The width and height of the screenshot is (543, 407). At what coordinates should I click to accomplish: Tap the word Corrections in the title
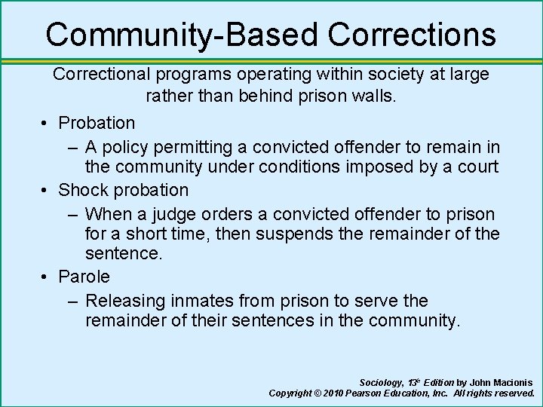(413, 35)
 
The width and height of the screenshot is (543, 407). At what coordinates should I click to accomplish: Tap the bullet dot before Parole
(46, 277)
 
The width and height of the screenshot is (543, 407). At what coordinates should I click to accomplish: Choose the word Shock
(82, 190)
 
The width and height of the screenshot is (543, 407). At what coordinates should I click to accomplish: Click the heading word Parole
(84, 277)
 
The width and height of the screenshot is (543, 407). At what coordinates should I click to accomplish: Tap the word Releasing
(125, 301)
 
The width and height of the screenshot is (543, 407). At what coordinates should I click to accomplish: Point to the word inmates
(201, 301)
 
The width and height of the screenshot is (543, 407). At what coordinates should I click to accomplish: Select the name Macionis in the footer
(512, 383)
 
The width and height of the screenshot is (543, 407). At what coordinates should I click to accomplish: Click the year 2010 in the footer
(338, 393)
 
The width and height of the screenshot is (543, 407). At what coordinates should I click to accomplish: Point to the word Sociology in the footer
(381, 383)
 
